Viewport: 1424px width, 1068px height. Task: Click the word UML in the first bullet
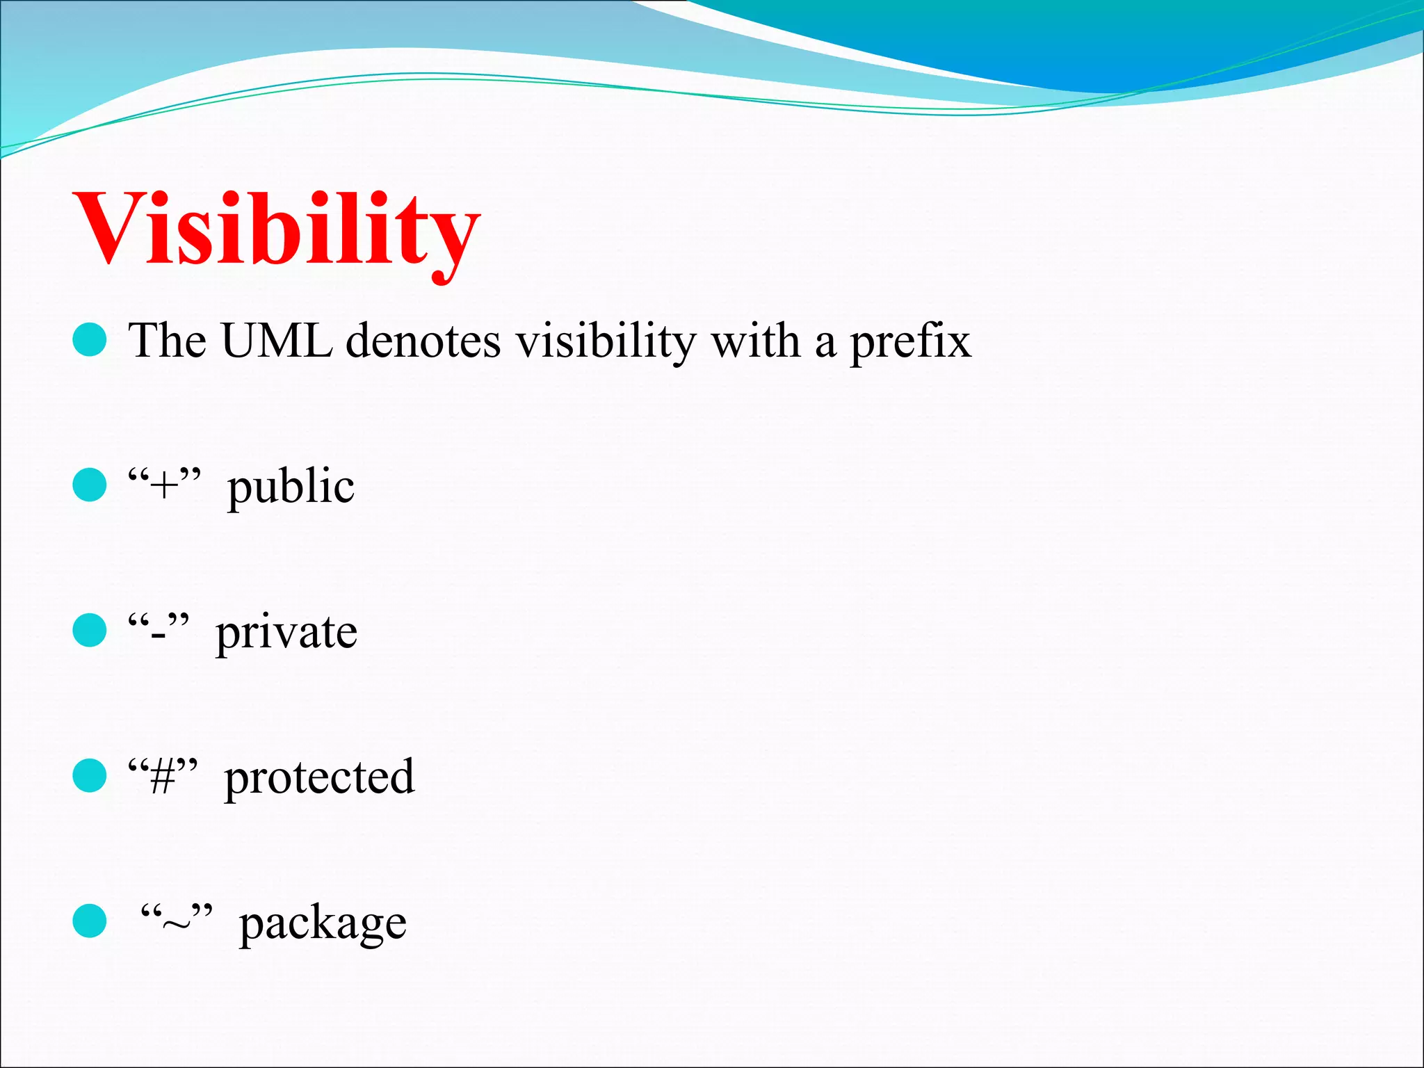277,341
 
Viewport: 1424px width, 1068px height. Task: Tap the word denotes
423,341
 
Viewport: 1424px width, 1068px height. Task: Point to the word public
291,487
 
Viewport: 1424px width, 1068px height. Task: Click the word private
286,633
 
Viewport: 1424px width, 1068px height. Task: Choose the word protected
319,777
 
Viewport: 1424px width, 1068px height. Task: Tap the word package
323,923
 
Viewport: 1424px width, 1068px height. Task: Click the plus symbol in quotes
165,485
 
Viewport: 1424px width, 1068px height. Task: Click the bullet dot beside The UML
90,340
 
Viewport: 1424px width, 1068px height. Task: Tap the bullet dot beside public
90,485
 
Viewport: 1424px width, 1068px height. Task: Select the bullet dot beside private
90,630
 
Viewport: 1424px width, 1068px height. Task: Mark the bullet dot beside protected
90,775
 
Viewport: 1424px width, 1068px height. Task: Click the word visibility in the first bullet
606,341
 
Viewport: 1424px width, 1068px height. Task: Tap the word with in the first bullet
755,341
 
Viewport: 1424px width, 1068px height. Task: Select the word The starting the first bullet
167,341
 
